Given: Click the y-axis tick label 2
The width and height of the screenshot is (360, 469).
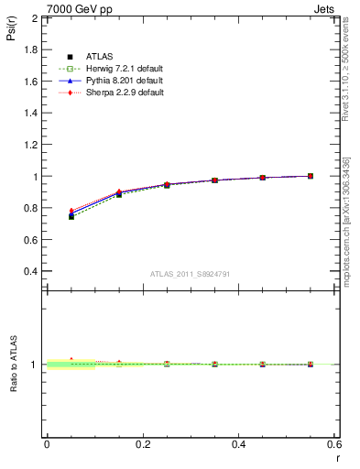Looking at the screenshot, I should (x=35, y=18).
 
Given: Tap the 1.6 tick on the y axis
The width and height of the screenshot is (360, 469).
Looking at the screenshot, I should (x=30, y=82).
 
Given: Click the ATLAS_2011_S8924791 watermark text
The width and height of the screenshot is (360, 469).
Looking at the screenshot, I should (x=189, y=273).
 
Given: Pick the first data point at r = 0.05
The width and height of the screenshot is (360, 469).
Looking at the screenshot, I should (x=71, y=216).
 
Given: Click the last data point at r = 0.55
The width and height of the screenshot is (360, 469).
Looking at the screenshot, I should (x=311, y=176).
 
